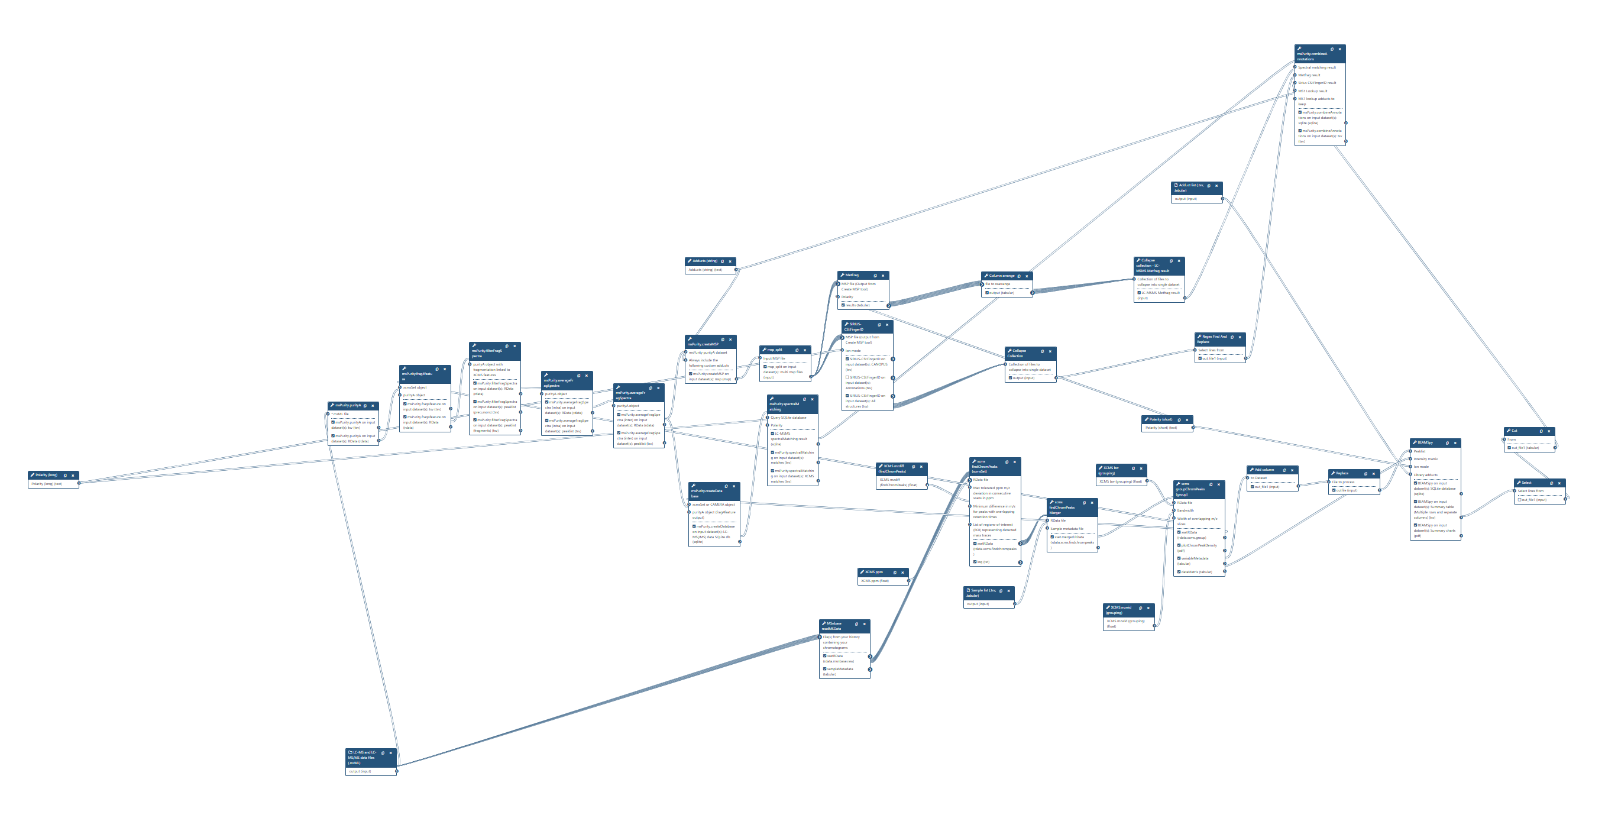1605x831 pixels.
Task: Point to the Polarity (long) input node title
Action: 46,475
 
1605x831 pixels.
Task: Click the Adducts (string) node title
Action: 705,261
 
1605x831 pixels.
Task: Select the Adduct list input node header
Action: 1189,187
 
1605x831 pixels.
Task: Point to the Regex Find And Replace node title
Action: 1212,339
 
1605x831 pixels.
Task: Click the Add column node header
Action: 1264,470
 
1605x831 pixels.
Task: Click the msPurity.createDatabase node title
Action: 707,491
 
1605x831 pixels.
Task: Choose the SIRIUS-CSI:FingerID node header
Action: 856,326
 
